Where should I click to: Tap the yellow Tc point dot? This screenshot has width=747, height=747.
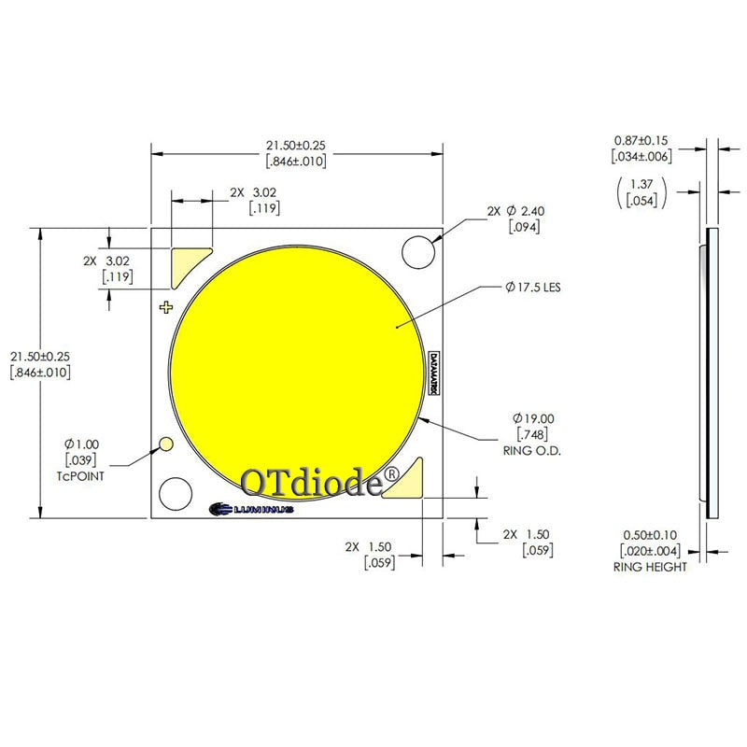pos(168,444)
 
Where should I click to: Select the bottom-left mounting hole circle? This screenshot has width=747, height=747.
pos(176,494)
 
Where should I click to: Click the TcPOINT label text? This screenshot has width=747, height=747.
pos(79,475)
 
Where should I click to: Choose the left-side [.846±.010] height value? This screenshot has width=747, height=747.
pos(40,373)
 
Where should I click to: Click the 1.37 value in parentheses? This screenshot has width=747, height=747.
pos(641,184)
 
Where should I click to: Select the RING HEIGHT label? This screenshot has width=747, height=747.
pos(650,567)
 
